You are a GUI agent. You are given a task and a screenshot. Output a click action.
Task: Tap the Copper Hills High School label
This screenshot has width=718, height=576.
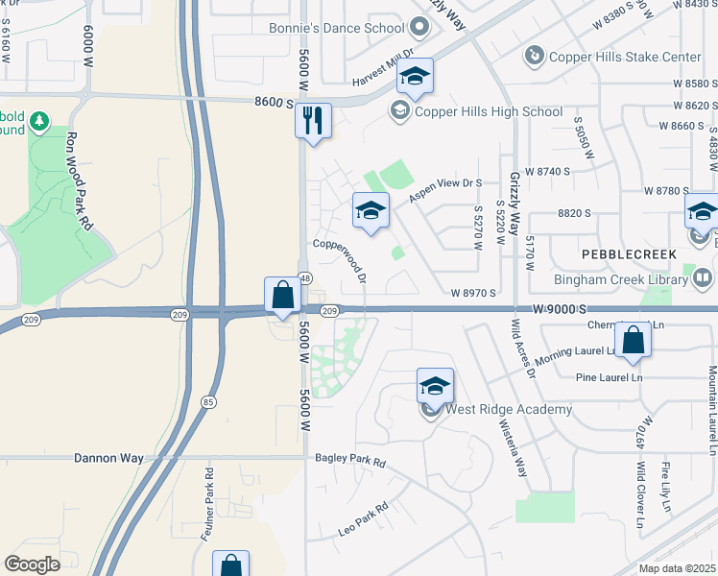point(489,112)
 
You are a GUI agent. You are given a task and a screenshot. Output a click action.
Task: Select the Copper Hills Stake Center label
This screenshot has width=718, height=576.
point(624,58)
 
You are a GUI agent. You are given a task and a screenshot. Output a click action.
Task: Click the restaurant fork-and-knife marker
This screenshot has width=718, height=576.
point(313,122)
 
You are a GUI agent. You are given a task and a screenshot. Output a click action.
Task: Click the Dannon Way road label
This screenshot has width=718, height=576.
point(108,459)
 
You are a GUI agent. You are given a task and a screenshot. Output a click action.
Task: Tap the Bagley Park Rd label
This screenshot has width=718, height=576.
point(349,462)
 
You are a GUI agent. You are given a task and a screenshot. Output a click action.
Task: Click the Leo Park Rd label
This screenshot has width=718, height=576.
point(362,520)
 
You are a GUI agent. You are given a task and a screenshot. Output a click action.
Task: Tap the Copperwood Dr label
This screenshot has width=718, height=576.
point(341,260)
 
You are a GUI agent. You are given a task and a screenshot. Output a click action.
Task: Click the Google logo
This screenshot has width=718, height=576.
point(32,564)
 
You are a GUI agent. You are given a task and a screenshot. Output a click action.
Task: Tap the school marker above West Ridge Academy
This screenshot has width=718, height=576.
point(435,387)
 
